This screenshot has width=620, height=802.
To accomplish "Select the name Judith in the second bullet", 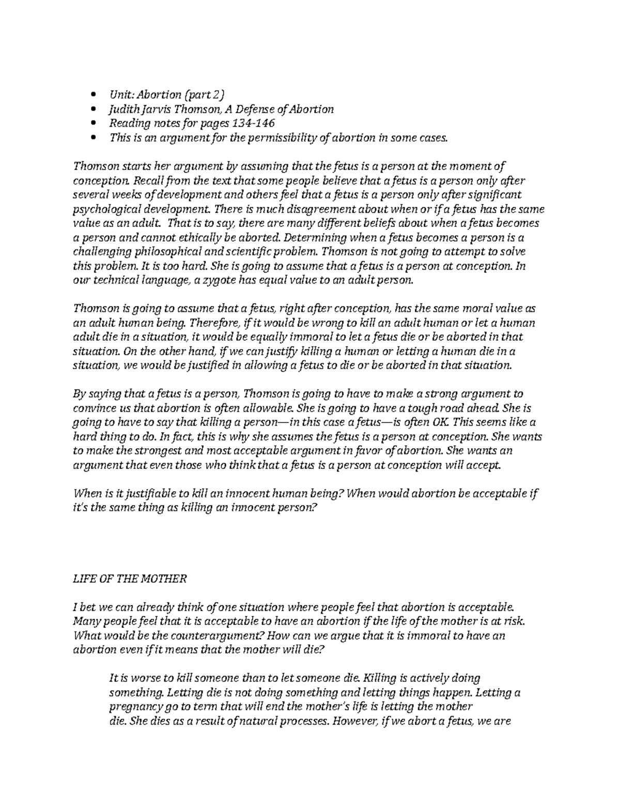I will pos(123,109).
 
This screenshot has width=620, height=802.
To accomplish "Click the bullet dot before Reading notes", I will pos(93,124).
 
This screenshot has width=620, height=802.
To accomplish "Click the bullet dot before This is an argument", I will pos(93,138).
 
